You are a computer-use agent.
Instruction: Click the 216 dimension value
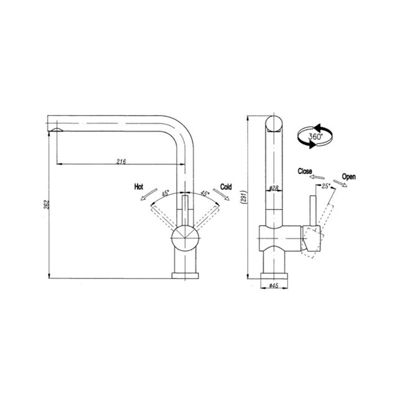pyautogui.click(x=121, y=161)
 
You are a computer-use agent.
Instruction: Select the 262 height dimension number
pyautogui.click(x=46, y=205)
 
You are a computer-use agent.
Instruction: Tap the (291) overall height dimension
pyautogui.click(x=244, y=196)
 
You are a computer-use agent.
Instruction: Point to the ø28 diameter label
pyautogui.click(x=274, y=188)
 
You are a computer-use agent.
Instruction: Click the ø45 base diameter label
pyautogui.click(x=274, y=286)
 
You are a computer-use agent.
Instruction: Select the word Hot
pyautogui.click(x=138, y=187)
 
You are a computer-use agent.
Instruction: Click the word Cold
pyautogui.click(x=226, y=187)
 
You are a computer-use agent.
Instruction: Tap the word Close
pyautogui.click(x=305, y=171)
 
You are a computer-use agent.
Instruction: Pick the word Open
pyautogui.click(x=349, y=176)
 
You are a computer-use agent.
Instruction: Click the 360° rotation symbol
pyautogui.click(x=315, y=136)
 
